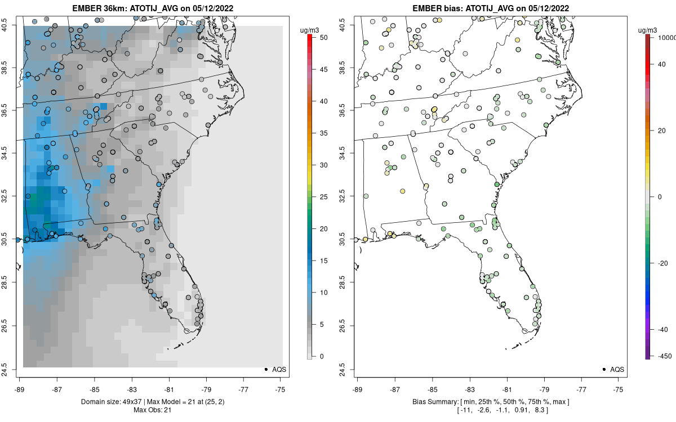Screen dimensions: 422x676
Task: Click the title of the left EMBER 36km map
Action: pyautogui.click(x=152, y=8)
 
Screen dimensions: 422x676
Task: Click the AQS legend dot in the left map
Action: pyautogui.click(x=265, y=369)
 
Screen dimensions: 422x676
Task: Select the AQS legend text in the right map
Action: pyautogui.click(x=617, y=369)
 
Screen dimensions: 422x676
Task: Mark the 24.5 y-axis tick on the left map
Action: pyautogui.click(x=12, y=369)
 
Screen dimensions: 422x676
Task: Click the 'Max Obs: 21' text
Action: pyautogui.click(x=152, y=410)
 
